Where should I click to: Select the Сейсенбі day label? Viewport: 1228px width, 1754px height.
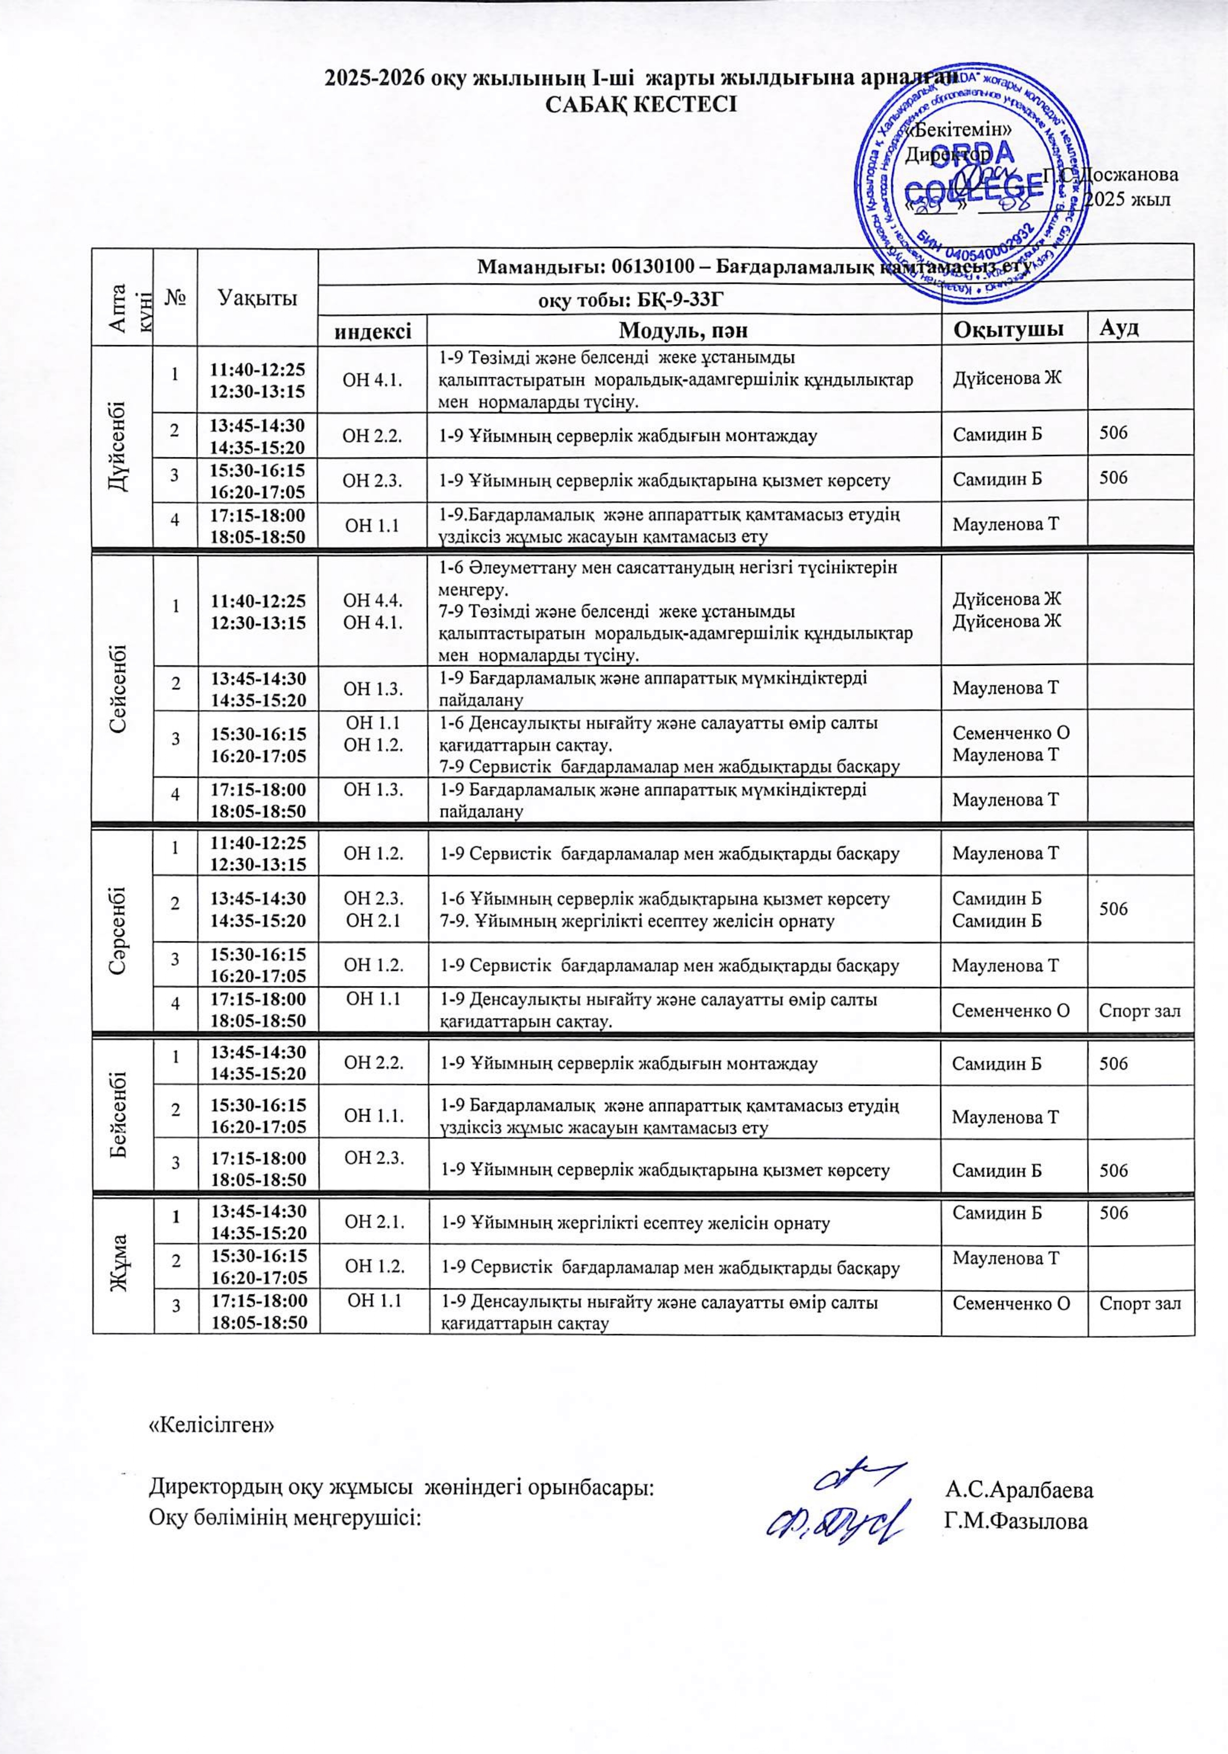[122, 684]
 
